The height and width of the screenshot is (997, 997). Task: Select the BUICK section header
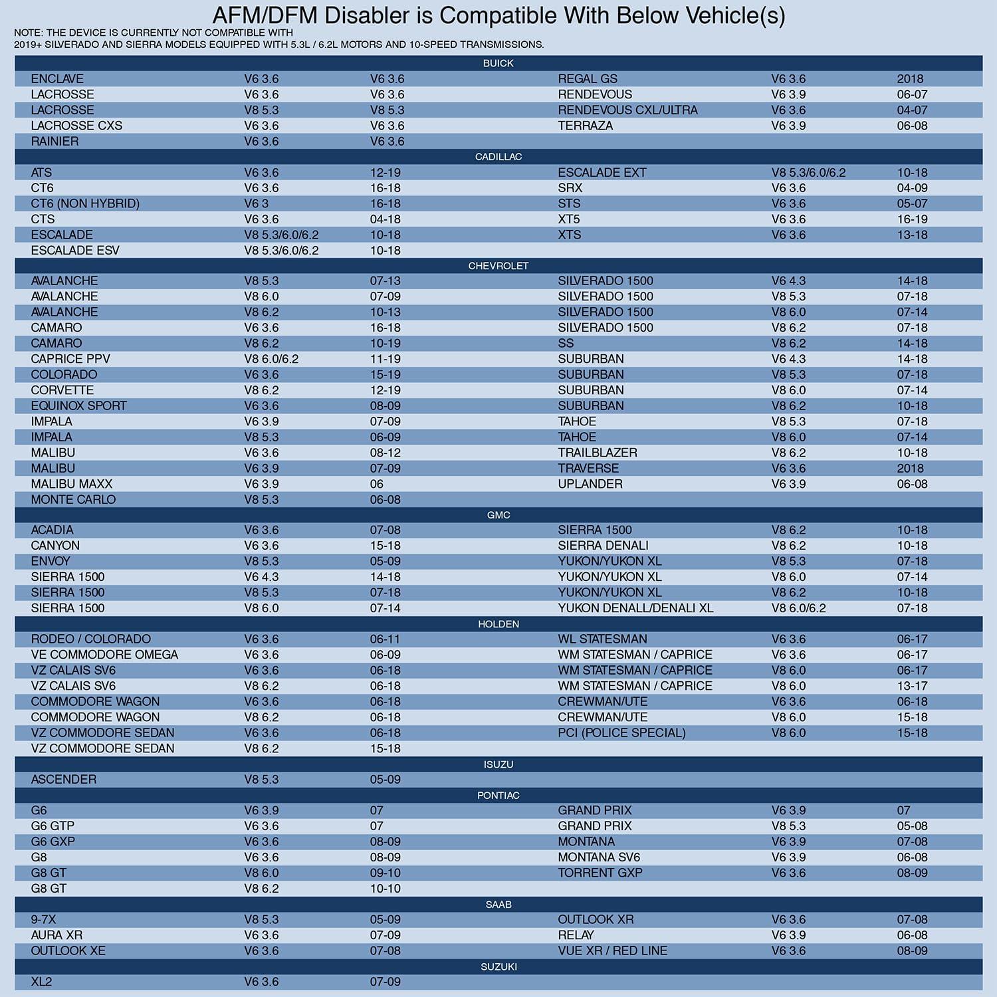click(498, 63)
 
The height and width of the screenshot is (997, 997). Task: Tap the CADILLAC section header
click(498, 157)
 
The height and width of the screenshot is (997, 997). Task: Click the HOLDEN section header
click(498, 624)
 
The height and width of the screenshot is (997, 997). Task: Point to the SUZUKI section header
click(498, 966)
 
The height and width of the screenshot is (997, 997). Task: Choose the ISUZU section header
click(498, 764)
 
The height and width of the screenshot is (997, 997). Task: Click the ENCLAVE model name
click(57, 79)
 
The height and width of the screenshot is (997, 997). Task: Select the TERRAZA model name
click(585, 126)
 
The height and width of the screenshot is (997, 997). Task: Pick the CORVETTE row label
click(62, 390)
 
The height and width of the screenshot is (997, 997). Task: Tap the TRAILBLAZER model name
click(598, 453)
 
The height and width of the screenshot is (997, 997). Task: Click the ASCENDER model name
click(64, 780)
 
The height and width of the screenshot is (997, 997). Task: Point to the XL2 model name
click(41, 982)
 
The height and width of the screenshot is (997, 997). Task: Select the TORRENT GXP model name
click(600, 873)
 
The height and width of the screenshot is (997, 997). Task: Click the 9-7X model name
click(43, 919)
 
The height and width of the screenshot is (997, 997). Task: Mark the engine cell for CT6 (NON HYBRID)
click(257, 203)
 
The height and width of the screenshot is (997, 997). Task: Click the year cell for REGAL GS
click(910, 79)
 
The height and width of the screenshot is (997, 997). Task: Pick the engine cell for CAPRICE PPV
click(271, 359)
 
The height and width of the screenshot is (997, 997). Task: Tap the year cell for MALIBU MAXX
click(377, 484)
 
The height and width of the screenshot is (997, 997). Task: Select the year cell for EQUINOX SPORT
click(386, 405)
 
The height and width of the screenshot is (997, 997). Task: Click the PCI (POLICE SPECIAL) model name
click(621, 732)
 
